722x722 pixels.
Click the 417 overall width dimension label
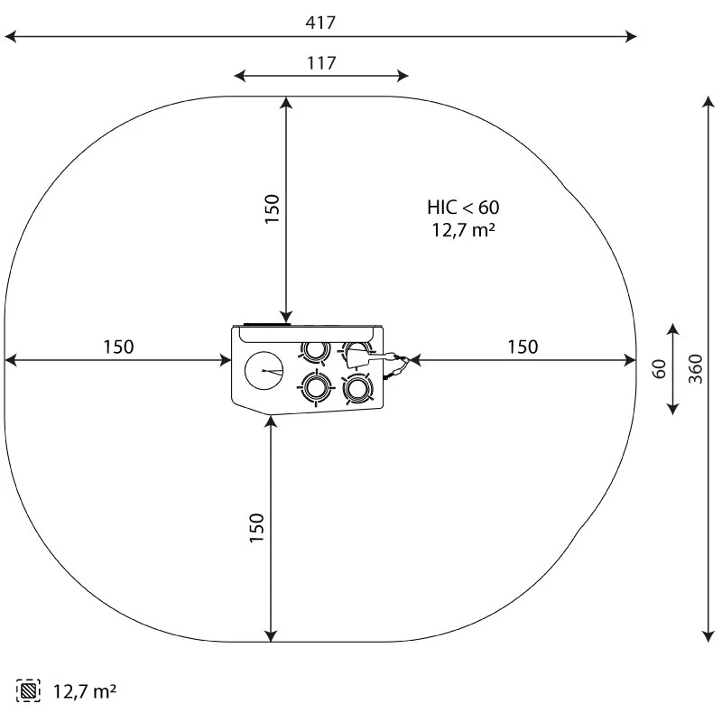(320, 22)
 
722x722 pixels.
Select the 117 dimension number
(321, 62)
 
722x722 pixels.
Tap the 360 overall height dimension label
(696, 369)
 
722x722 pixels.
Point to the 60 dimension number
(660, 369)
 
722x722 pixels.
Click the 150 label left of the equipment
(118, 347)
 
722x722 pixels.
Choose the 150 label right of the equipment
(523, 347)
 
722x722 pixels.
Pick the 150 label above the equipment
(272, 208)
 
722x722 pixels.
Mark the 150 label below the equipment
(256, 528)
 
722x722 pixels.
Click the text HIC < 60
(463, 208)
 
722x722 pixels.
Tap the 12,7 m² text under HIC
(463, 229)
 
